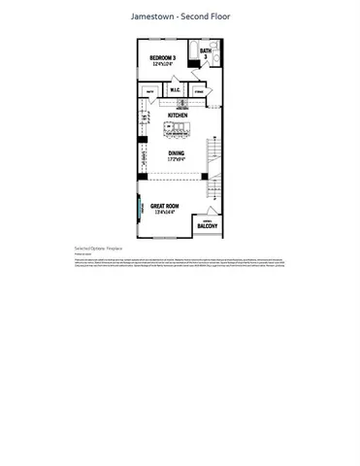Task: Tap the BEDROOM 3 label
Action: coord(162,58)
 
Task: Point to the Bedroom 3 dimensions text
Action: coord(162,65)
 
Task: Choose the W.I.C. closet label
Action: coord(176,91)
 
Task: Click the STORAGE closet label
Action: coord(200,92)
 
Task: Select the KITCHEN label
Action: coord(178,116)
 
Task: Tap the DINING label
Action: coord(178,151)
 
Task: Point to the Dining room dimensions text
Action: coord(178,159)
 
